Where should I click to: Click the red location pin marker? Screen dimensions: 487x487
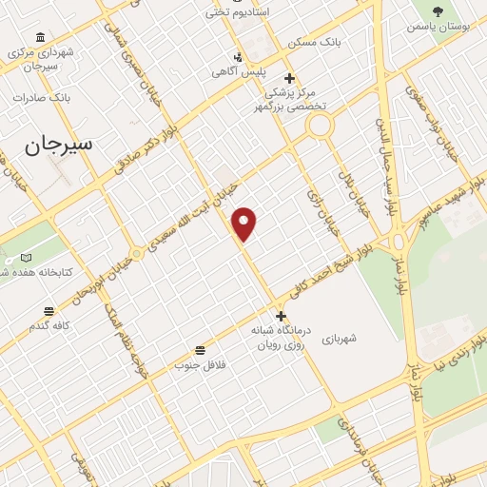coord(244,223)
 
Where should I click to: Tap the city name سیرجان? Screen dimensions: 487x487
coord(59,146)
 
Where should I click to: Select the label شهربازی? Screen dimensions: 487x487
coord(337,339)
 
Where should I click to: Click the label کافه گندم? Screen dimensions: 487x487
coord(48,326)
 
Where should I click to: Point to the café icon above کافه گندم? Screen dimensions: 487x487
coord(48,310)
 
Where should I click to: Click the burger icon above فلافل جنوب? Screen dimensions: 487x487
coord(200,349)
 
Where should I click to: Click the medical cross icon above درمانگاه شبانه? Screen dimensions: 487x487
coord(280,316)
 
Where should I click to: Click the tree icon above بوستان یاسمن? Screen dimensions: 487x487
coord(438,11)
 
